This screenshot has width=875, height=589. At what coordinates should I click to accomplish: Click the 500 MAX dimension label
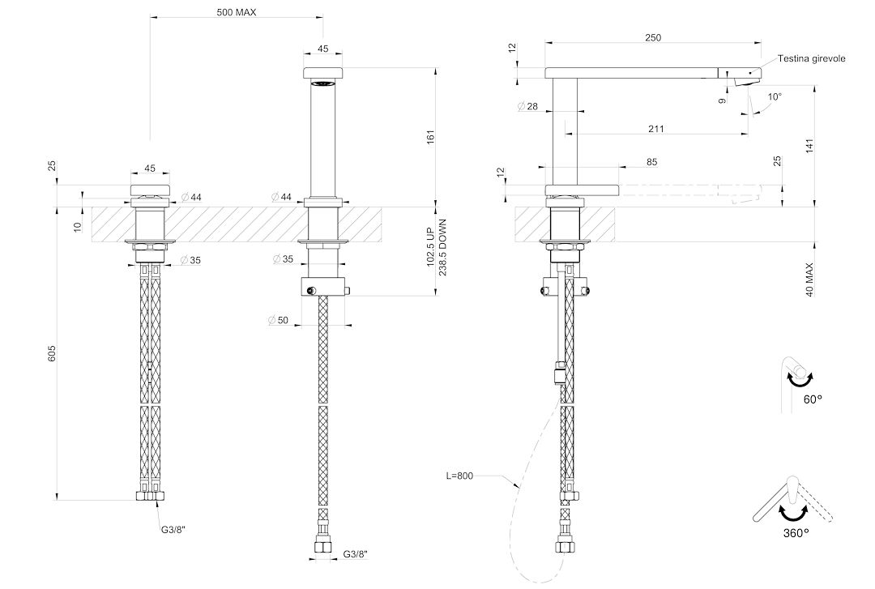237,11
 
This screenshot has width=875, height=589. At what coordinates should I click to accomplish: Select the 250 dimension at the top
653,37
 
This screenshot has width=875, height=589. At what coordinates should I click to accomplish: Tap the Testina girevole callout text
811,58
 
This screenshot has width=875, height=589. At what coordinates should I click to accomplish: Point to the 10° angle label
775,96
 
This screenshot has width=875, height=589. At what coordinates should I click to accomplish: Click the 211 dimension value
656,129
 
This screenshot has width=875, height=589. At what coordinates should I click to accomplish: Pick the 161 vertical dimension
429,138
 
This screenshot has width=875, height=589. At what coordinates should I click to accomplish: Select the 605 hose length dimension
51,353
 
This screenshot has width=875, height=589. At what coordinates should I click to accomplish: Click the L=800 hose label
459,476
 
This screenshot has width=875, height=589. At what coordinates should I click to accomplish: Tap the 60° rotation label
813,399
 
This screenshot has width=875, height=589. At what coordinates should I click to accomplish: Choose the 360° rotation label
796,533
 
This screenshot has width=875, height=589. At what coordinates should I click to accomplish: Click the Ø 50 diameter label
278,321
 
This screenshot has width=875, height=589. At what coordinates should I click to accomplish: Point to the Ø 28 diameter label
528,106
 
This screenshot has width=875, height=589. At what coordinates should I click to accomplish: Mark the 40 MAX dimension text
809,280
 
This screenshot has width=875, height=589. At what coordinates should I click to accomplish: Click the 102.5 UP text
430,247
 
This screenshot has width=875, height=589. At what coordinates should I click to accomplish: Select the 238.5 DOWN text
443,247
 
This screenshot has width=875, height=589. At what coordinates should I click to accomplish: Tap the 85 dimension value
651,163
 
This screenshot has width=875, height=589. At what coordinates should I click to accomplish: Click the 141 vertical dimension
809,145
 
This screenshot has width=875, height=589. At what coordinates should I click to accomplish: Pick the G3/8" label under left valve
169,529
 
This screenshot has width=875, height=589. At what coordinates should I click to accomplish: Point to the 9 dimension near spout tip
723,100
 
